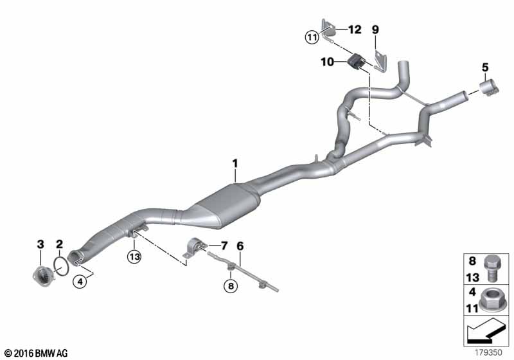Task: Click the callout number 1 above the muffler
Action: [x=235, y=164]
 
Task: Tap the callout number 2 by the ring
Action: [x=58, y=244]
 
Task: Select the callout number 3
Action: [x=40, y=244]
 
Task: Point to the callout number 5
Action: [x=485, y=66]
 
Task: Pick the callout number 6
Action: [x=240, y=245]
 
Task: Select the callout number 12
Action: [x=355, y=30]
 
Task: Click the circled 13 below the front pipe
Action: [x=134, y=256]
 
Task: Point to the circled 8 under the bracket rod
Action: [x=229, y=285]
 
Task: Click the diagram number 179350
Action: [x=490, y=353]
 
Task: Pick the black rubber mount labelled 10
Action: [x=355, y=63]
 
